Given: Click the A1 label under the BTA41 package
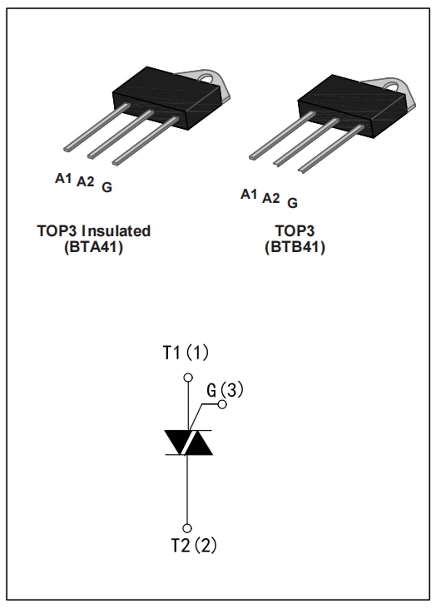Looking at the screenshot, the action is click(x=63, y=178).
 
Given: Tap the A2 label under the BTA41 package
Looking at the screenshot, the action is click(x=85, y=182).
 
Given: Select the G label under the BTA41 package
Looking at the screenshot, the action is click(x=107, y=187).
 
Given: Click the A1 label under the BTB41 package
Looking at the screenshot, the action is click(x=249, y=194).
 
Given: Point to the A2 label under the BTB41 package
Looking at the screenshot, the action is click(x=271, y=198).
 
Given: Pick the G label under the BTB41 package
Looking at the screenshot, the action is click(x=293, y=203).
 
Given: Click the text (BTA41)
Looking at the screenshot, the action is click(x=94, y=248).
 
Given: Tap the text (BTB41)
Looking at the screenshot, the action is click(x=295, y=248).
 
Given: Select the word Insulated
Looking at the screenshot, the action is click(x=116, y=231).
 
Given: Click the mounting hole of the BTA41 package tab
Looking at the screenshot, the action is click(x=207, y=79).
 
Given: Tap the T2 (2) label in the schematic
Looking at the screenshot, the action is click(x=194, y=545).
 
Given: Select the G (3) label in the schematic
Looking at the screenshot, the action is click(x=225, y=390).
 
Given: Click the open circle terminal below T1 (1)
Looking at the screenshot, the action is click(x=188, y=377).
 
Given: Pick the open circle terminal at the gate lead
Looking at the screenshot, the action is click(x=223, y=404).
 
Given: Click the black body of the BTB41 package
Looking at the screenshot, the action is click(x=353, y=107).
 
